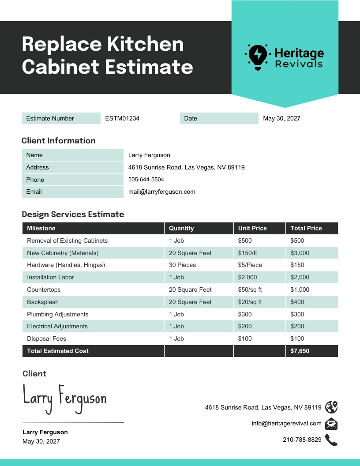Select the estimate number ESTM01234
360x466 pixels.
(122, 118)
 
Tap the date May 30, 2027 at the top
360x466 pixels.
(281, 118)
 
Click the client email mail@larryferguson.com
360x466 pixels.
(161, 192)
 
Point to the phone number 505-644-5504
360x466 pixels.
(146, 180)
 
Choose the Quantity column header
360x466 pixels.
(181, 228)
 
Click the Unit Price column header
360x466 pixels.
(252, 228)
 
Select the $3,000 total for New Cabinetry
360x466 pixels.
(300, 253)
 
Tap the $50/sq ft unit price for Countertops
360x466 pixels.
(250, 289)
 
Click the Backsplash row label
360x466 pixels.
(43, 302)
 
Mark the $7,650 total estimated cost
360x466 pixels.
(300, 351)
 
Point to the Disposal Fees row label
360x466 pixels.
(47, 338)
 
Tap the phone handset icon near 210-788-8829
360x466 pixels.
(331, 440)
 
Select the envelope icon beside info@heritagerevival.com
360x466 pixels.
(331, 424)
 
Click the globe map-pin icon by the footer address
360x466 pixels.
(331, 407)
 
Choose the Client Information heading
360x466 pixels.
(59, 141)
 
